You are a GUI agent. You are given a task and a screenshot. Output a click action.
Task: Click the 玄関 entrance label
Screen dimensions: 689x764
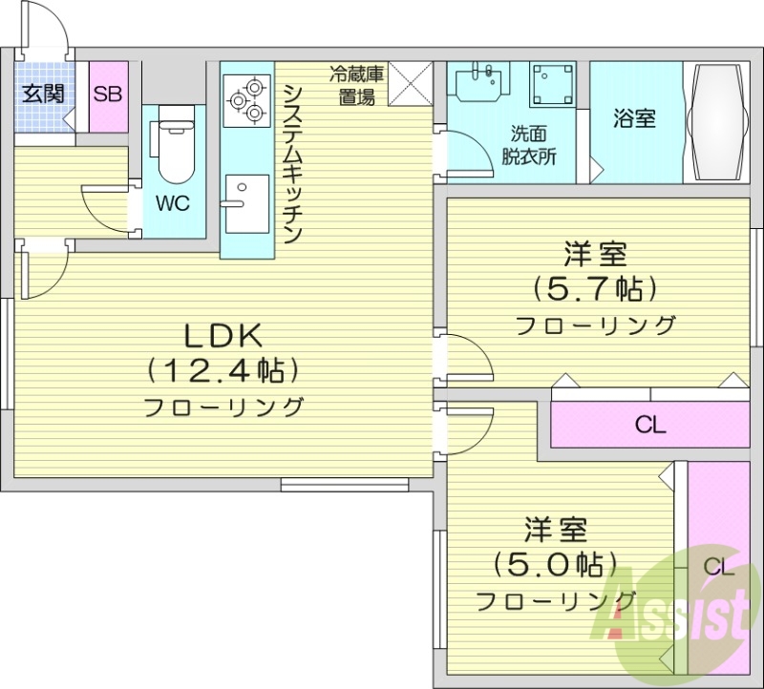[x=43, y=94]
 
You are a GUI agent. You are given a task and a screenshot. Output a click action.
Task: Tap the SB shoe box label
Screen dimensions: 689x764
[x=107, y=94]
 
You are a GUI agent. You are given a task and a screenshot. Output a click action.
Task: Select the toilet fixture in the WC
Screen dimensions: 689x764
[x=174, y=148]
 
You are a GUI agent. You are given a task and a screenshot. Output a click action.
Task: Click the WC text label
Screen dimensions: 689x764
[x=173, y=202]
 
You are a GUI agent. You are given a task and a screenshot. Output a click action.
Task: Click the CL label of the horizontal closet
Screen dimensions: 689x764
[x=650, y=426]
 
